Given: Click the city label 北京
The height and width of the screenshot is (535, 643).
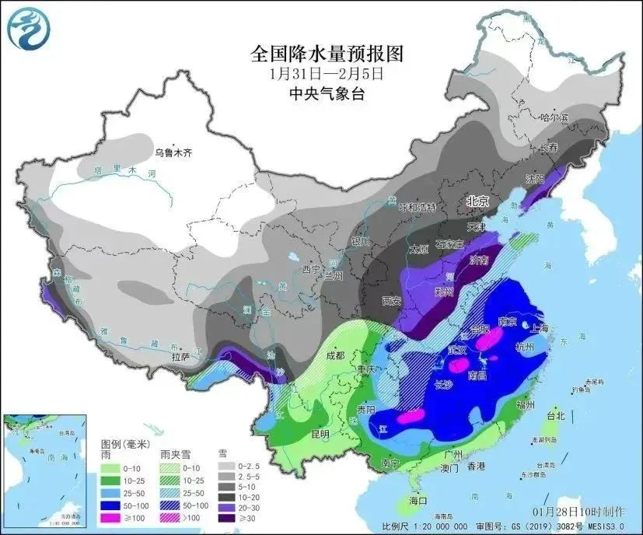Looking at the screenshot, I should (476, 201).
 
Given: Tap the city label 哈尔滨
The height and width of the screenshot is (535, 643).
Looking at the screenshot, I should (554, 117).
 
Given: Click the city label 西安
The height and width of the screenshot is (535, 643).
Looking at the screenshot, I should (392, 299).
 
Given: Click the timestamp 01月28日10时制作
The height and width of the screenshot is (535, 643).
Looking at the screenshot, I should (579, 512).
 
